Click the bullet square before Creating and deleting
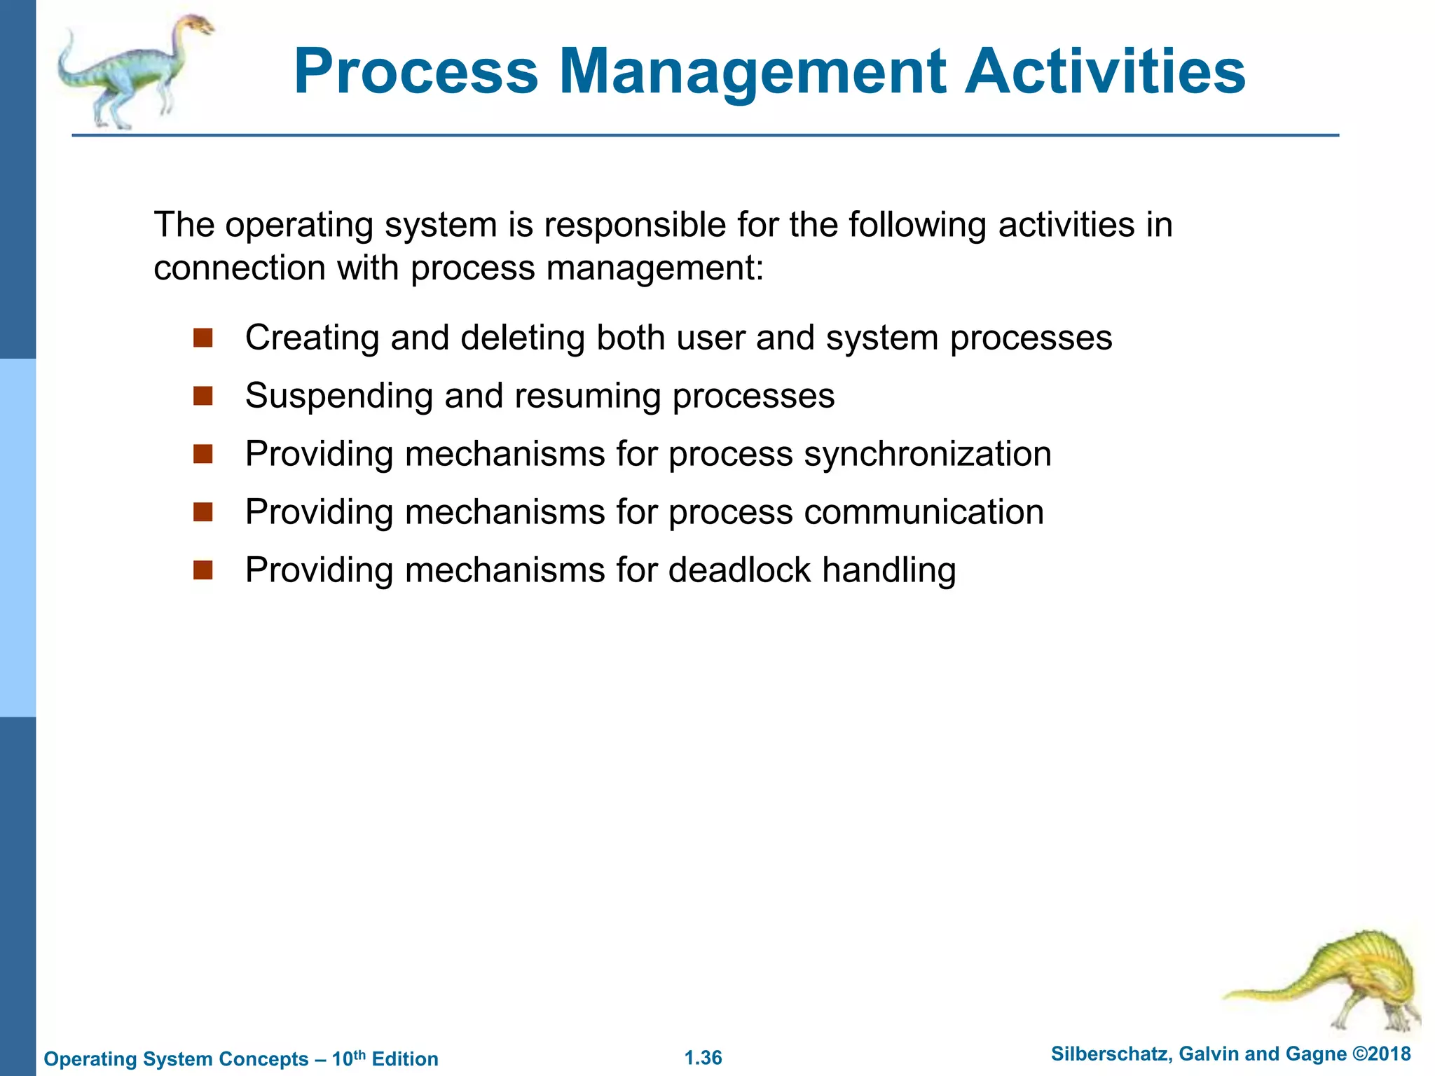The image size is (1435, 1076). [203, 338]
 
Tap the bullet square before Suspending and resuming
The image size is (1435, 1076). [203, 396]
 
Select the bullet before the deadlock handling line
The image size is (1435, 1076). [203, 570]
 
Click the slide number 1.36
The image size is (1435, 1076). [703, 1058]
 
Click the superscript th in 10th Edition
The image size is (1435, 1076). [360, 1054]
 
